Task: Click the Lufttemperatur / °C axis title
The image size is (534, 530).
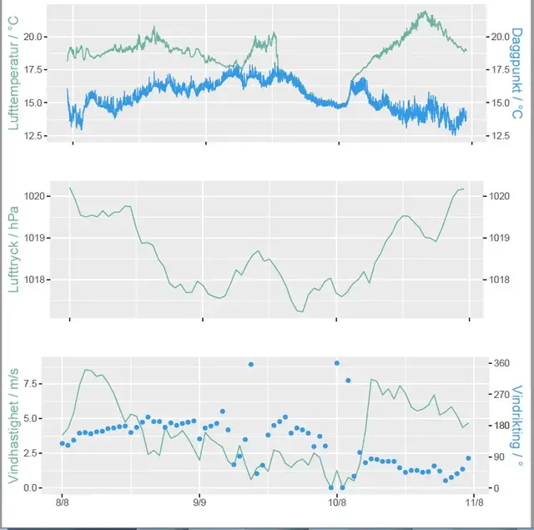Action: (14, 71)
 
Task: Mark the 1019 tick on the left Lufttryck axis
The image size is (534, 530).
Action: (34, 238)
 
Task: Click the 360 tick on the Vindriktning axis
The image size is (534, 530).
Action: (502, 363)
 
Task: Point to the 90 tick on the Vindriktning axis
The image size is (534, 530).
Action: (500, 457)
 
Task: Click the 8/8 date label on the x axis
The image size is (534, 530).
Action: (62, 503)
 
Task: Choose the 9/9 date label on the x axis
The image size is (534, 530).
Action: (199, 503)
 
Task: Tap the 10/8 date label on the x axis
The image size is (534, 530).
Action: (336, 503)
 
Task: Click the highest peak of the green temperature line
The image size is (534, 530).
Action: (425, 13)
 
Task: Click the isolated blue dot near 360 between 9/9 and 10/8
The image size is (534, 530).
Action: (250, 365)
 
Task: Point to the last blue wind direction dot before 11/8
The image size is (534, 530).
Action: (468, 458)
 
